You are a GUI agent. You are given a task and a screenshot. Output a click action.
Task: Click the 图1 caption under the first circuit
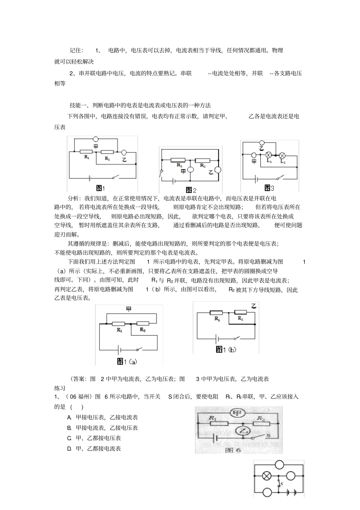click(100, 188)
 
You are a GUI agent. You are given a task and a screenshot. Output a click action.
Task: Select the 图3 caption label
click(269, 188)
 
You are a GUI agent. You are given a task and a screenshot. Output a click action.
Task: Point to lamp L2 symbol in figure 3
click(282, 155)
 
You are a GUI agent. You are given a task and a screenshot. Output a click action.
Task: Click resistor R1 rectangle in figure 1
click(87, 152)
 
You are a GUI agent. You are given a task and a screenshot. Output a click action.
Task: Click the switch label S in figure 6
click(268, 436)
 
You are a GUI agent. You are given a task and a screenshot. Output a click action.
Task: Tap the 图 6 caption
click(233, 450)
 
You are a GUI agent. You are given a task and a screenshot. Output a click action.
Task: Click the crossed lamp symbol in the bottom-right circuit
click(267, 475)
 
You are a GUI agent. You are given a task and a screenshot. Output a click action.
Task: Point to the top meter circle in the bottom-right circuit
click(279, 464)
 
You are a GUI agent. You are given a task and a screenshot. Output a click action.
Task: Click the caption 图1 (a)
click(127, 362)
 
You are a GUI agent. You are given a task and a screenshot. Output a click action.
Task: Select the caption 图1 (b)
click(226, 350)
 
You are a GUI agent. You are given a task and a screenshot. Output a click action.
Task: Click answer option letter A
click(69, 417)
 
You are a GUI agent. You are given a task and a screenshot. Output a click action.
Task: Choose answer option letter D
click(69, 449)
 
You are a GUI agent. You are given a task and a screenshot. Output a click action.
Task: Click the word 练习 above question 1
click(60, 388)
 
